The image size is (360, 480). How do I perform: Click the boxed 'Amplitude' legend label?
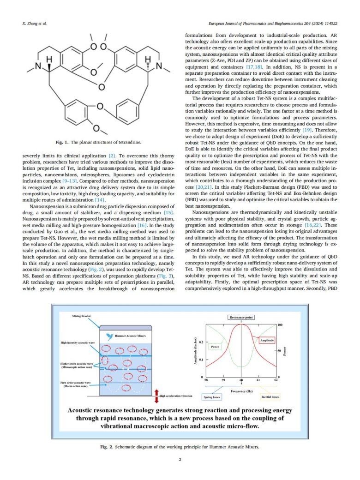[267, 340]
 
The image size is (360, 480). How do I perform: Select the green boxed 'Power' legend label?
[215, 346]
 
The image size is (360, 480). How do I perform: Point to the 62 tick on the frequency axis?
[276, 380]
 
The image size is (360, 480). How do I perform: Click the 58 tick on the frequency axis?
[206, 380]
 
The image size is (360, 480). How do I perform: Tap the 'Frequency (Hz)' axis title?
[241, 390]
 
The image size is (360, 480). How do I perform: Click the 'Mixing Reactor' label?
[82, 316]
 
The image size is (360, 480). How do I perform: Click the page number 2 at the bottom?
[180, 459]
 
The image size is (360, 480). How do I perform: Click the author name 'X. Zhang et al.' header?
[35, 23]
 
